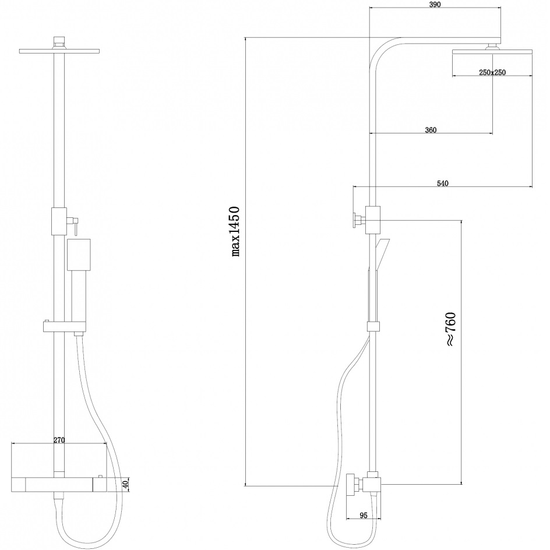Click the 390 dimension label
[x=435, y=5]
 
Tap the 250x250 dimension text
[x=492, y=73]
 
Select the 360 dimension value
[x=431, y=130]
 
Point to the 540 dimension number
[x=443, y=183]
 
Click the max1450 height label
[x=236, y=231]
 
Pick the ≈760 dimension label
[x=450, y=329]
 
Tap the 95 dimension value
[x=364, y=515]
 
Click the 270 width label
[x=59, y=440]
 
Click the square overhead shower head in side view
[x=492, y=52]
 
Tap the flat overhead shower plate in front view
[x=59, y=51]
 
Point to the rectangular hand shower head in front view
[x=79, y=255]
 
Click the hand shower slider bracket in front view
[x=64, y=327]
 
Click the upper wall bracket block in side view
[x=372, y=220]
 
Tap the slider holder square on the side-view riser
[x=373, y=326]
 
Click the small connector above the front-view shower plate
[x=59, y=43]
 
